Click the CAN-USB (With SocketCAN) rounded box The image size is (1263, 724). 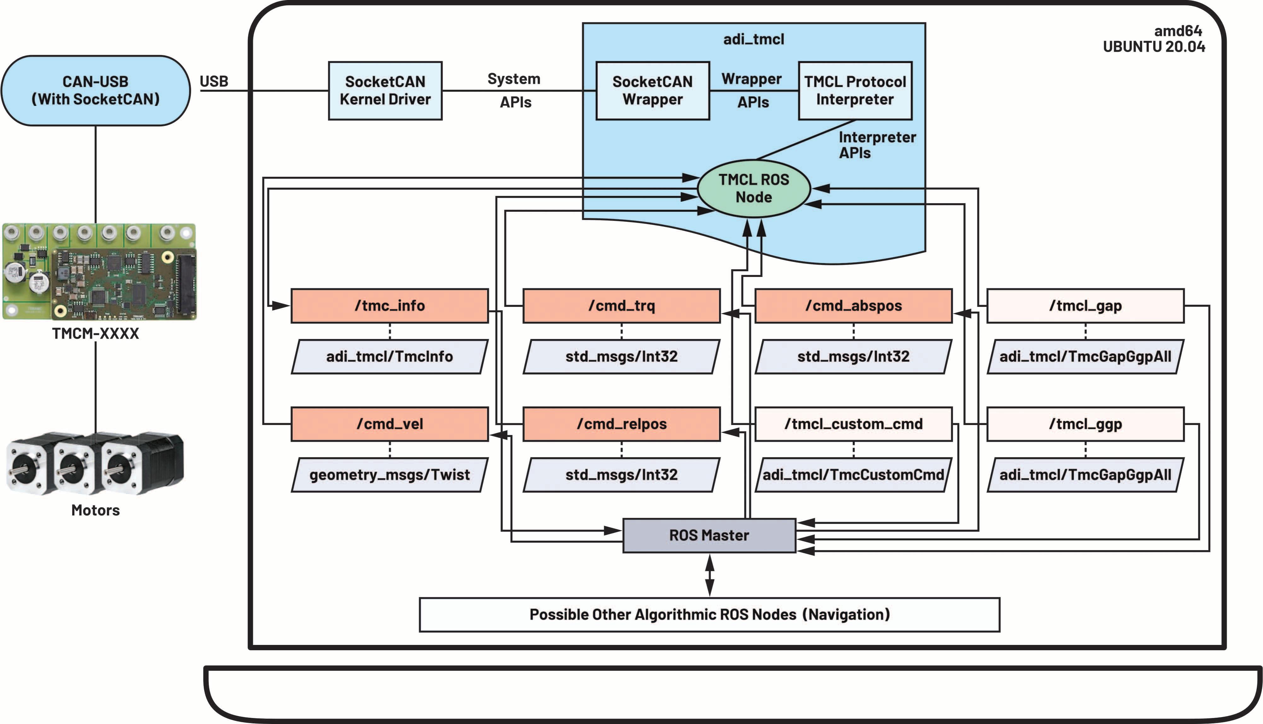click(x=96, y=90)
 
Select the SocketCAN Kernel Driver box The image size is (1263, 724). click(x=385, y=90)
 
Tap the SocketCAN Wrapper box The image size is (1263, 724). click(x=652, y=90)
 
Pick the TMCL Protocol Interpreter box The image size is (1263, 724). click(x=855, y=90)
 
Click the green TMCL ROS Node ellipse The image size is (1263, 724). click(x=754, y=188)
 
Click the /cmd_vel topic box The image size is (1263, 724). click(x=389, y=424)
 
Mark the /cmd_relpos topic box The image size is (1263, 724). click(x=621, y=424)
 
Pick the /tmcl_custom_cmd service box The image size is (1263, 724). click(x=853, y=424)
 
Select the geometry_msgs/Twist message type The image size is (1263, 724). click(x=389, y=475)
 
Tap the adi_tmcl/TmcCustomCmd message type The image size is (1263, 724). click(x=853, y=475)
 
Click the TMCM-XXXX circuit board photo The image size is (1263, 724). click(x=100, y=272)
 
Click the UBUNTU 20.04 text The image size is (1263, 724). click(x=1154, y=47)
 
